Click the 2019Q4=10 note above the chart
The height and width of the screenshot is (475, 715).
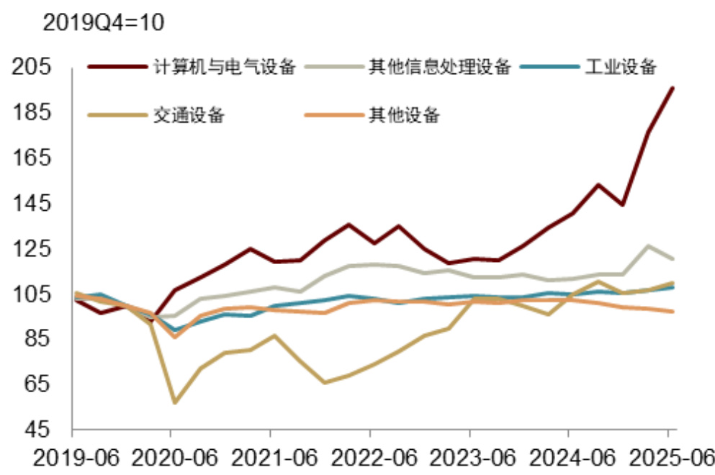tap(104, 22)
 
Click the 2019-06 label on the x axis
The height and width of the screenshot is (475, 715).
tap(71, 458)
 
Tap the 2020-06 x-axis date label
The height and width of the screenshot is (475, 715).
tap(171, 458)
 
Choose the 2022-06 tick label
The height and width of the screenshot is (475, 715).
tap(369, 458)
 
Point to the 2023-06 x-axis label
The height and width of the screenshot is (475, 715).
tap(469, 458)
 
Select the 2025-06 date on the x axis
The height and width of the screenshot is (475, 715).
tap(667, 458)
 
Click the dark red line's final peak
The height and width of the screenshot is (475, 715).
tap(673, 88)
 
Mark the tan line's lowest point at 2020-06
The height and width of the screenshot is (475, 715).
tap(174, 402)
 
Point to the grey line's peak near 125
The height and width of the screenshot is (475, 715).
tap(649, 246)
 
